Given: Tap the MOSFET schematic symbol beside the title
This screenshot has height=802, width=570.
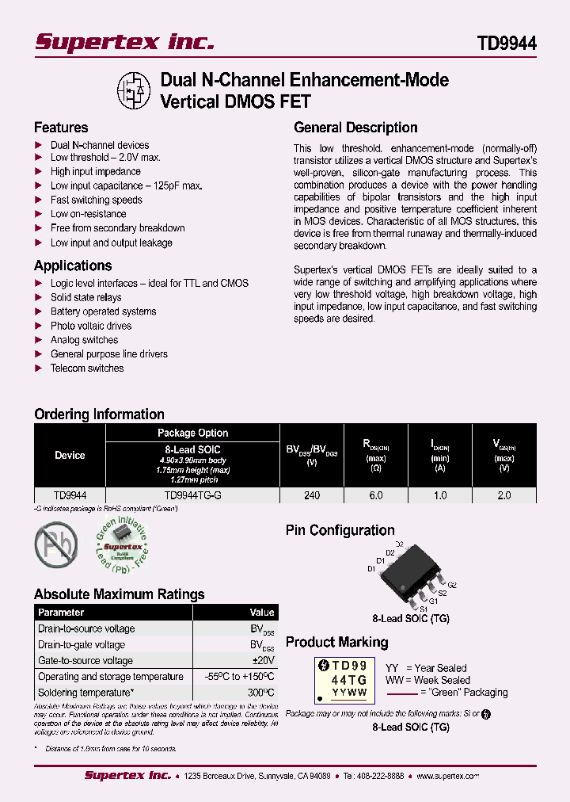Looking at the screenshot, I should (134, 91).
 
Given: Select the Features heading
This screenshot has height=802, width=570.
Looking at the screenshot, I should (61, 128).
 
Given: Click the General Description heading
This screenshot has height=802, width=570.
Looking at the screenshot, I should (355, 128).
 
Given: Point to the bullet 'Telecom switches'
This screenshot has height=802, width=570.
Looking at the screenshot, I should (87, 369).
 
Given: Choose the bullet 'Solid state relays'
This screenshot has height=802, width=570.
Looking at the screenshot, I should (85, 297).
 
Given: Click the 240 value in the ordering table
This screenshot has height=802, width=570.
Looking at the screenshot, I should (312, 495).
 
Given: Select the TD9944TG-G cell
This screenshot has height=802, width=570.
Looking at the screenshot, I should (192, 495).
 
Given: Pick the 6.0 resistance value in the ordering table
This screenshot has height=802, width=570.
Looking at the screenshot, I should (376, 495).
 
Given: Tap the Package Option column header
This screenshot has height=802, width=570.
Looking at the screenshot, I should (192, 433).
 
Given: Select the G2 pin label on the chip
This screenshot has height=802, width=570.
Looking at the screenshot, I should (452, 584).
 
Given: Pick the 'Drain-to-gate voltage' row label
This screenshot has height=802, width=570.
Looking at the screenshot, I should (82, 645).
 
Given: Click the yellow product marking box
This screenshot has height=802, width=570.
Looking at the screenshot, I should (342, 680).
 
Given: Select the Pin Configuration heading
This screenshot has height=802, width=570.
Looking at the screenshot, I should (340, 531).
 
